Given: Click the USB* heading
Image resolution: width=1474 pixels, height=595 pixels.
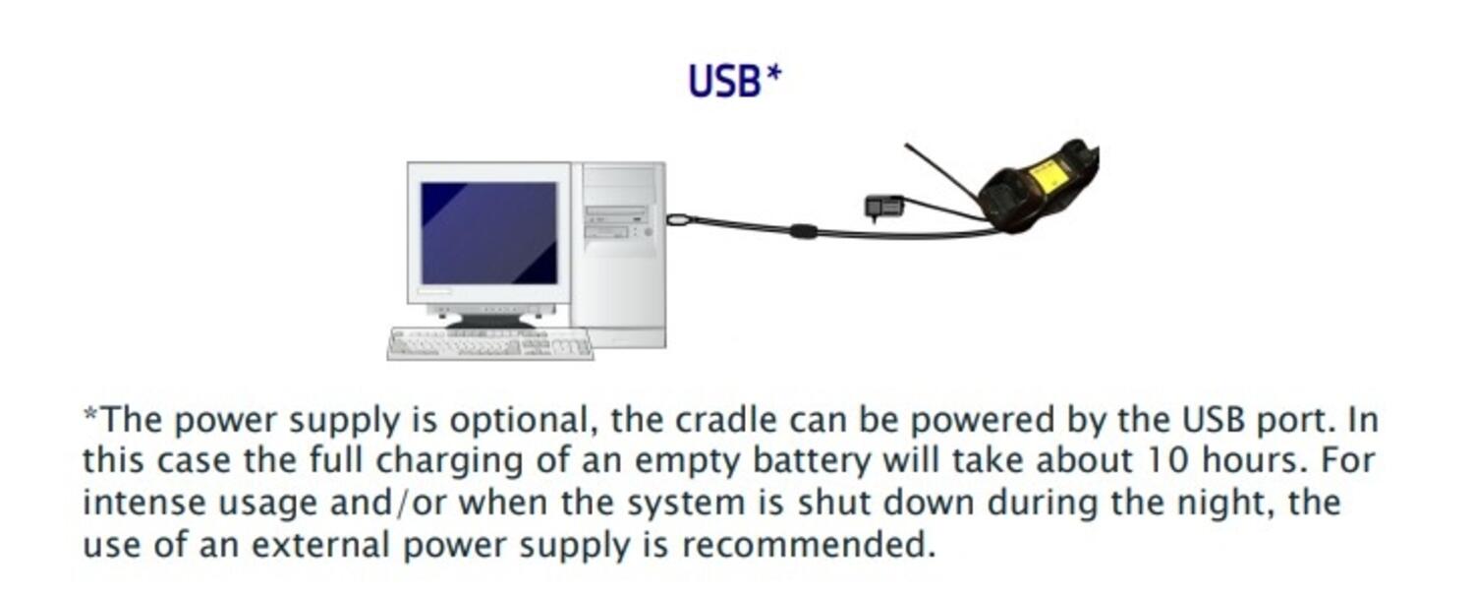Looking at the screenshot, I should pos(734,81).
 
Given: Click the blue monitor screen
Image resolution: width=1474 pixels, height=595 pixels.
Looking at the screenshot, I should pos(488,233).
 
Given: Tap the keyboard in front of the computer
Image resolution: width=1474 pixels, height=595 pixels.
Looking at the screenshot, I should pos(490,343).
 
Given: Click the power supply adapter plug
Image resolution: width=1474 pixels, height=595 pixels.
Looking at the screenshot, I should pos(883,207).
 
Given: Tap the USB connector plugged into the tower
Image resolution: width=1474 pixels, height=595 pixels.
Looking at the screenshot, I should pos(678,219).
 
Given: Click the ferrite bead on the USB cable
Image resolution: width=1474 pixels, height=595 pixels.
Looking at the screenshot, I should pos(803,231).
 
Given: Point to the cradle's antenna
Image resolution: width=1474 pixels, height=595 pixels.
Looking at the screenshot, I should pos(938,173).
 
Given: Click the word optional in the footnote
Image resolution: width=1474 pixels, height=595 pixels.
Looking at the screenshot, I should pos(520,421).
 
